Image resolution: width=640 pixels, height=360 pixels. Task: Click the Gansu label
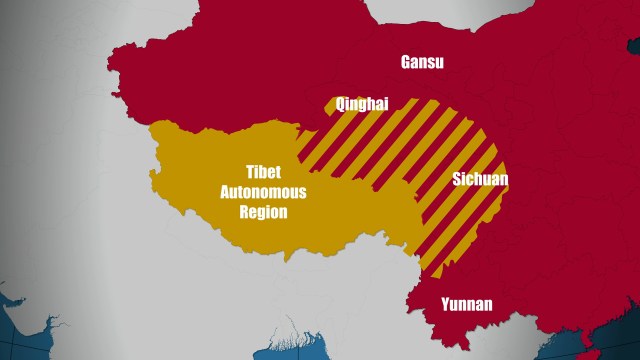pyautogui.click(x=422, y=62)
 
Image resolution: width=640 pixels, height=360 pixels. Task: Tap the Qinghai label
pyautogui.click(x=362, y=103)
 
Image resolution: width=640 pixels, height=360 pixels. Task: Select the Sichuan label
pyautogui.click(x=480, y=180)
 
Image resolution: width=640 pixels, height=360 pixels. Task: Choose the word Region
pyautogui.click(x=263, y=212)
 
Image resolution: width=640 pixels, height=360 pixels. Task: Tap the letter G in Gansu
pyautogui.click(x=406, y=62)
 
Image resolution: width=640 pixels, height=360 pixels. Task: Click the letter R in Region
pyautogui.click(x=244, y=212)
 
